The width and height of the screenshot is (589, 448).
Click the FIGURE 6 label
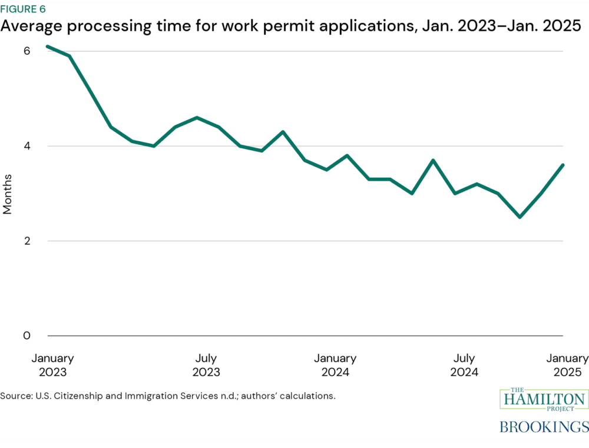[x=23, y=9]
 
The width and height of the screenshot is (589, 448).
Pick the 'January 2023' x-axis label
[x=53, y=365]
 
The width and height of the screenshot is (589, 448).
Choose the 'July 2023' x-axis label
[x=206, y=365]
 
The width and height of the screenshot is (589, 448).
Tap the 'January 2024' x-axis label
[x=335, y=365]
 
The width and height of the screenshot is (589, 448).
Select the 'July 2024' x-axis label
[x=464, y=365]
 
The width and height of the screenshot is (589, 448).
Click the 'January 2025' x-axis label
[x=567, y=365]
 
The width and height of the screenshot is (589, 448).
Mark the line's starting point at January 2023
[x=48, y=46]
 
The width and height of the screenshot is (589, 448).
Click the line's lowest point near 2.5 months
[x=519, y=217]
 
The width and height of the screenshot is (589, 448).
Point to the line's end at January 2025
[x=563, y=165]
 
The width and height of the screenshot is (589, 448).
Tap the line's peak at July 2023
[x=197, y=117]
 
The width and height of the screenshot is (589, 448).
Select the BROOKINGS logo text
[x=544, y=426]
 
